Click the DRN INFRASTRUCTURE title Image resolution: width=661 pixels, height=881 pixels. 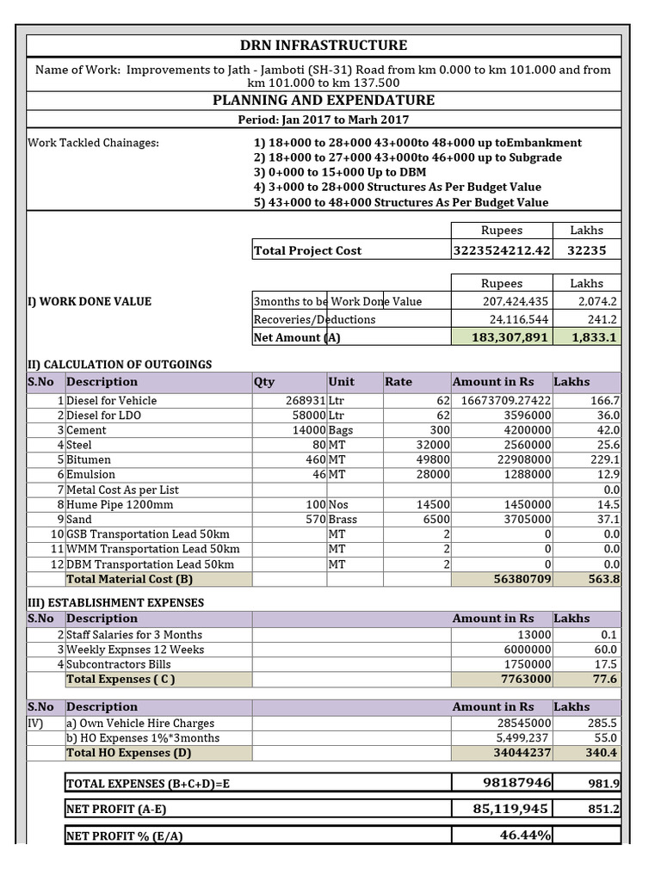point(323,46)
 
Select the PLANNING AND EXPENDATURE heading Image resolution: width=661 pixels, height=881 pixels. point(324,101)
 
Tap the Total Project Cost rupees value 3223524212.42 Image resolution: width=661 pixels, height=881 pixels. point(501,250)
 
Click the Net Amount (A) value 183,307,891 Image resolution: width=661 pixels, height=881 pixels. point(510,337)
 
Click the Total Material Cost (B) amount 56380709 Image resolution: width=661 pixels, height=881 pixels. point(516,579)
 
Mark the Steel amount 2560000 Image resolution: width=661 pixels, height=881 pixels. point(522,445)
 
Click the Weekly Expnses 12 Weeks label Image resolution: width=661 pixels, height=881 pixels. point(135,650)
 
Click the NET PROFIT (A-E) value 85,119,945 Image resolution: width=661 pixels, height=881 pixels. point(510,809)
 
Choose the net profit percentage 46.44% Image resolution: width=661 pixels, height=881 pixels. point(525,835)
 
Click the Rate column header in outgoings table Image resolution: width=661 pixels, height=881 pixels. point(398,381)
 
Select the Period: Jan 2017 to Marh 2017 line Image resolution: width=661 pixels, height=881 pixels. point(323,120)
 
